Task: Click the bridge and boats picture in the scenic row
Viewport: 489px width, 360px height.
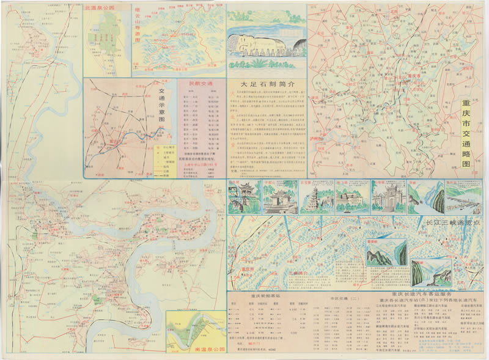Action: click(463, 198)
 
